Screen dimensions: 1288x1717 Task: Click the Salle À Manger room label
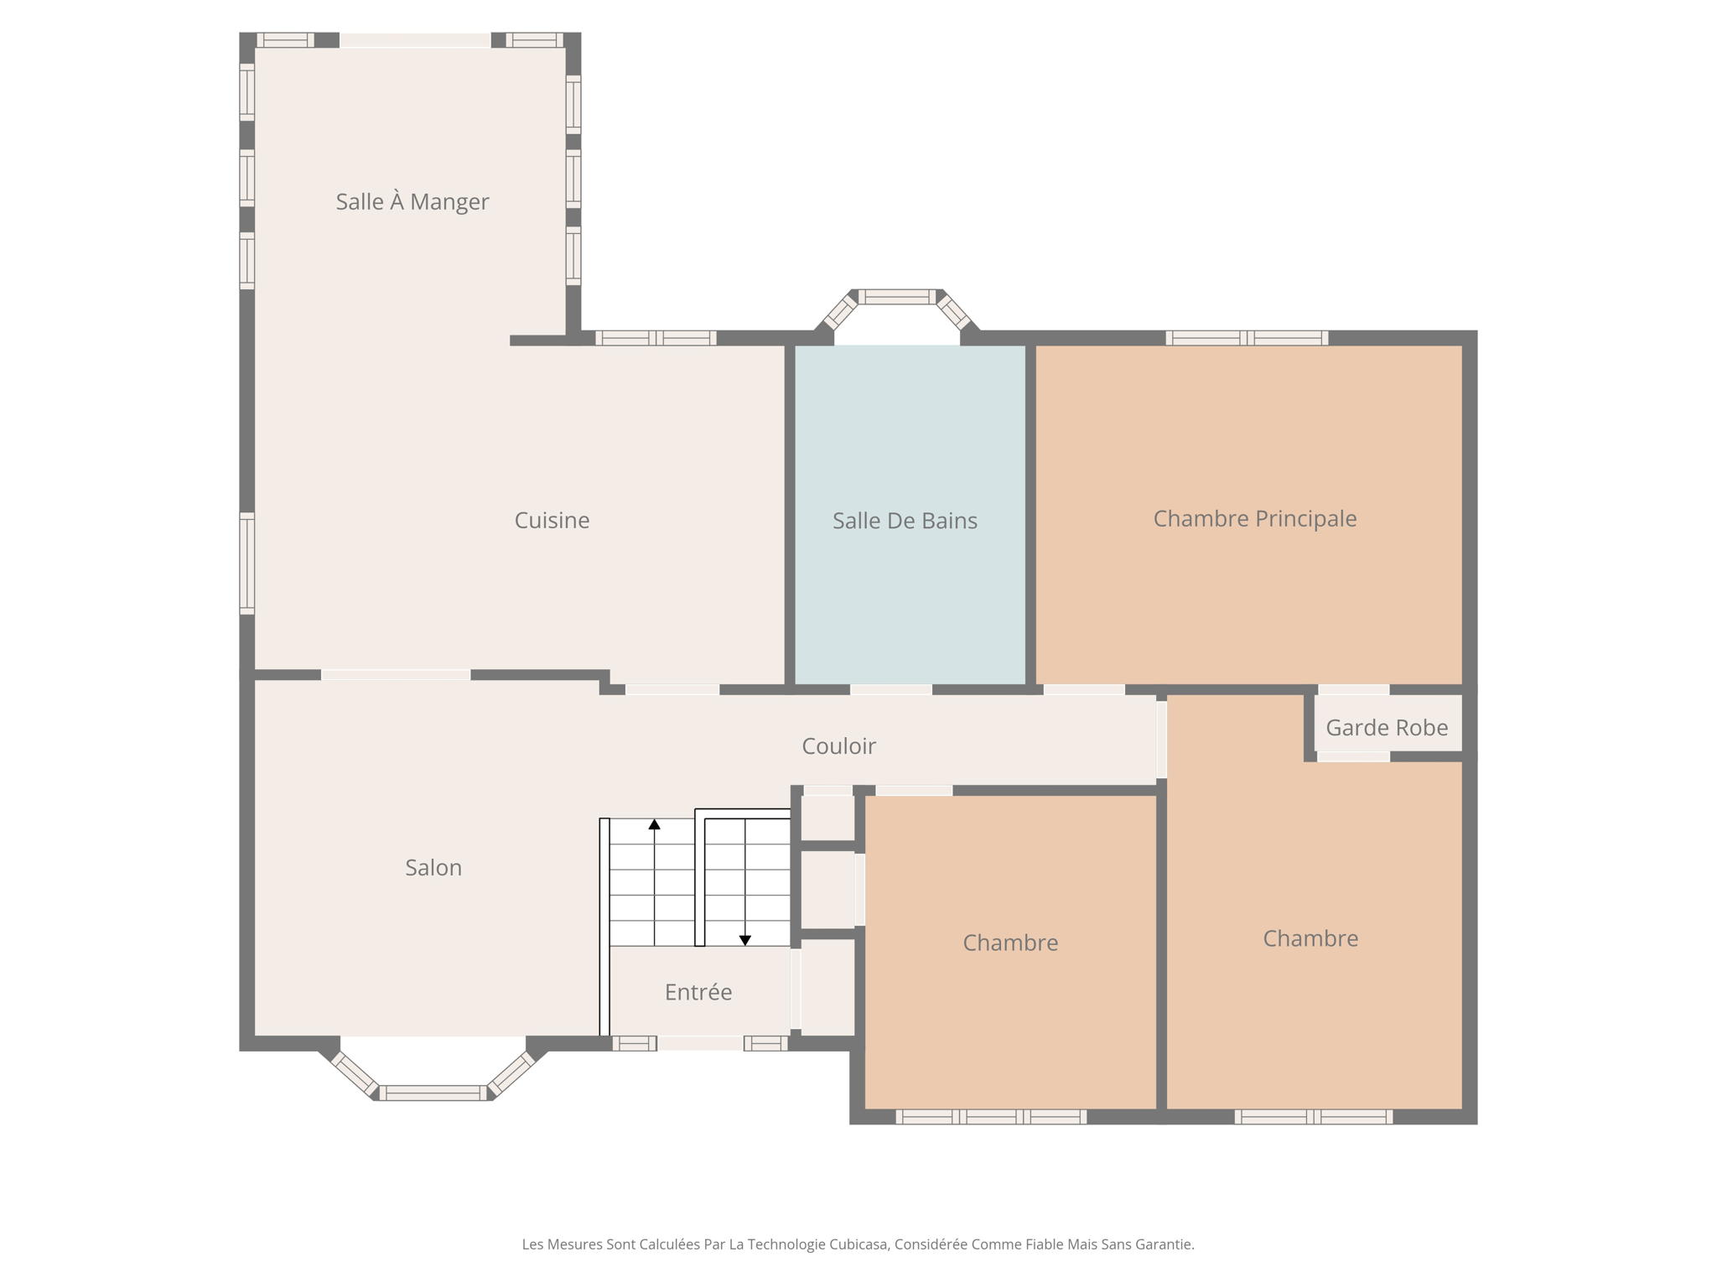(x=412, y=201)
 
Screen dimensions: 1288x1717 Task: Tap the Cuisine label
(x=552, y=520)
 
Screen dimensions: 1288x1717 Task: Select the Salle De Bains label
(x=905, y=521)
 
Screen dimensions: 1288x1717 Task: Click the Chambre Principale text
(x=1254, y=518)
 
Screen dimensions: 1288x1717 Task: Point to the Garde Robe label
(x=1387, y=727)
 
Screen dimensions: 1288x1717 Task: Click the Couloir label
(x=838, y=745)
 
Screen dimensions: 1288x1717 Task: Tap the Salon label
(x=433, y=867)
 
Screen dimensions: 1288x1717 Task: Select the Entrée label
(x=698, y=992)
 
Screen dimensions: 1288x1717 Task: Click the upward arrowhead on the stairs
(x=654, y=825)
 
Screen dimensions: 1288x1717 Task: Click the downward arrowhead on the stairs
(x=744, y=940)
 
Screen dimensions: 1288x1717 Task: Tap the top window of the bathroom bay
(x=896, y=296)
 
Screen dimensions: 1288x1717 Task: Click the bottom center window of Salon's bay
(x=433, y=1093)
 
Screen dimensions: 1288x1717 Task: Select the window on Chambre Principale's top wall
(x=1247, y=338)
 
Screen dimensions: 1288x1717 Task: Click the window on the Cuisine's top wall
(x=656, y=338)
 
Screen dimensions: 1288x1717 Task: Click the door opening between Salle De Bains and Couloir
(x=891, y=689)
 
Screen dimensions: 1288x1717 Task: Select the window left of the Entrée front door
(x=634, y=1043)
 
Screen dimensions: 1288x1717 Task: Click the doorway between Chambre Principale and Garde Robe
(x=1353, y=689)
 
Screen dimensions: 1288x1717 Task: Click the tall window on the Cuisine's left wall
(x=247, y=563)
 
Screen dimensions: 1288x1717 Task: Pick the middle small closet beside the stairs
(x=827, y=890)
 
